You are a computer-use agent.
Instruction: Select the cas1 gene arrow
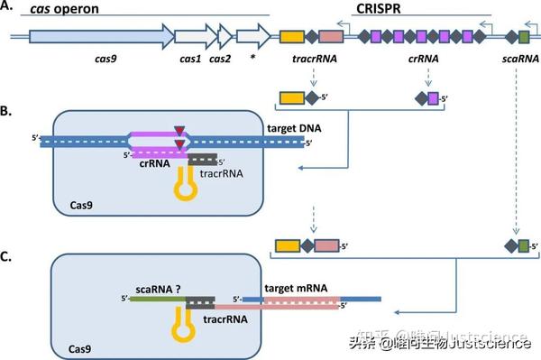coord(189,37)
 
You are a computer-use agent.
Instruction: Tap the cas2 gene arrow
coord(220,37)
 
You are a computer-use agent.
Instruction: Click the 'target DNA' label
coord(297,130)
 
